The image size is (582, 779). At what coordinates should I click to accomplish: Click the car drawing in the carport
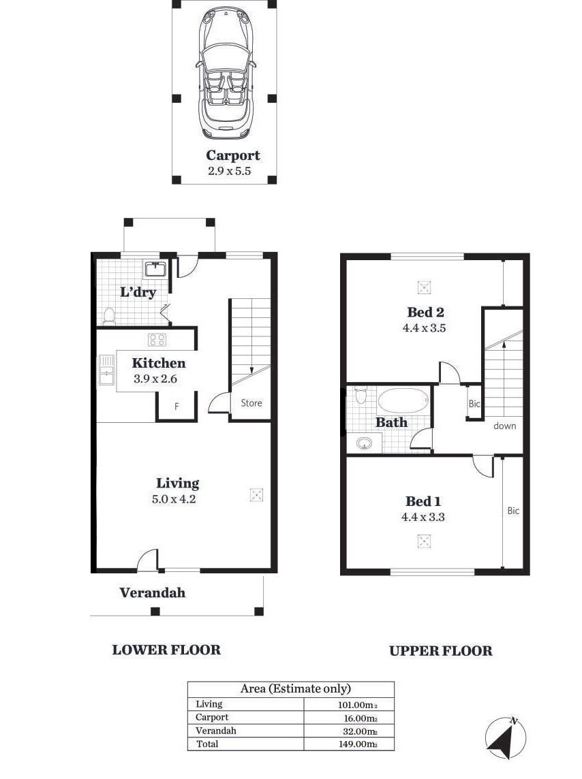[x=226, y=73]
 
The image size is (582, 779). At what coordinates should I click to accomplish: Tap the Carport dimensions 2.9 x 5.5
[x=229, y=171]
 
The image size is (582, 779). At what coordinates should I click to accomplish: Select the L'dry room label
[x=138, y=291]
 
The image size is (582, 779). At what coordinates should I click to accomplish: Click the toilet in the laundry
[x=109, y=316]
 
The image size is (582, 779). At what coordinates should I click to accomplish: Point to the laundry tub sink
[x=156, y=269]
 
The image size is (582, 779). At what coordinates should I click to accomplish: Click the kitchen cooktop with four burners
[x=157, y=340]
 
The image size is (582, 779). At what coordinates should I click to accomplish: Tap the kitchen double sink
[x=106, y=370]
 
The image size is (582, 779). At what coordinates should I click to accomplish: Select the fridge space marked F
[x=177, y=407]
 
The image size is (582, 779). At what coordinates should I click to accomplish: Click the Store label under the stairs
[x=251, y=403]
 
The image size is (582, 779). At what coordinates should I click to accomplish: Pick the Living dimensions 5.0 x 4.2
[x=174, y=499]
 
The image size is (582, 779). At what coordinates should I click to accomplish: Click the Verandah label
[x=152, y=592]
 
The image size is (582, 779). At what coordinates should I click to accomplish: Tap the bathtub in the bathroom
[x=403, y=400]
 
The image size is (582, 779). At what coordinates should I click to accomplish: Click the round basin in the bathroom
[x=365, y=443]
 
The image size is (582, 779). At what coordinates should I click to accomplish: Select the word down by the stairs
[x=504, y=426]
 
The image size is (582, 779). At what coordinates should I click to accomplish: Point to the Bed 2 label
[x=425, y=312]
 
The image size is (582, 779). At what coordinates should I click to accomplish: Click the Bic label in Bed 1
[x=513, y=510]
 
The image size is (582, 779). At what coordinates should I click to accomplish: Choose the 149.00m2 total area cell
[x=358, y=744]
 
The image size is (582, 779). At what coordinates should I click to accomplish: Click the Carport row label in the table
[x=212, y=717]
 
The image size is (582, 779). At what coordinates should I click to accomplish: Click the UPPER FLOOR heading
[x=440, y=651]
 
